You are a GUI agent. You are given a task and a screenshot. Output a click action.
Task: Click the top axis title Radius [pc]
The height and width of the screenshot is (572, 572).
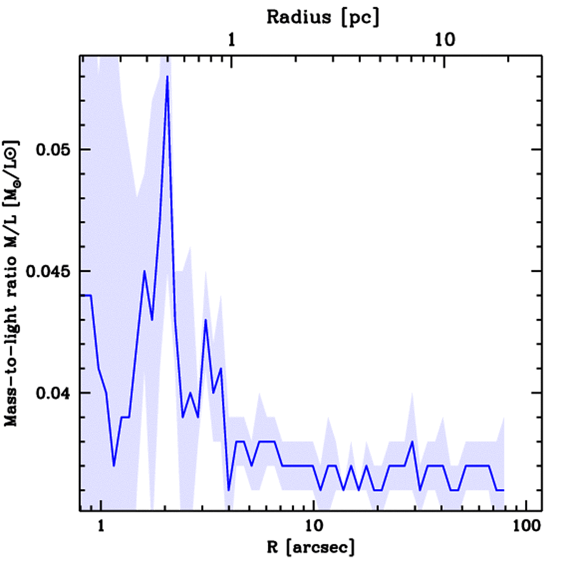(x=323, y=17)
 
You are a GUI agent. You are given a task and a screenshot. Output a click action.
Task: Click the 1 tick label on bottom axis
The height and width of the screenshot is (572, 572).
(x=101, y=526)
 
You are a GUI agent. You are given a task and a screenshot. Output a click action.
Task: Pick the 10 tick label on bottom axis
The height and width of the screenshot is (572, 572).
(x=314, y=526)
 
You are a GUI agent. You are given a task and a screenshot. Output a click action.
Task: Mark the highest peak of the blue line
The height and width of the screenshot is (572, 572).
(x=167, y=77)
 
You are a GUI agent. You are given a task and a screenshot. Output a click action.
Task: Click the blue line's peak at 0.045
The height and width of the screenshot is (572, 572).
(x=144, y=271)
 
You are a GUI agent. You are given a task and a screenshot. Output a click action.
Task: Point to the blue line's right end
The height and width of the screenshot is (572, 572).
(x=504, y=490)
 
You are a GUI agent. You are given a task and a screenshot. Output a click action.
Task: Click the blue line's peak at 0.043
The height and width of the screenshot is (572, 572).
(x=206, y=320)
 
